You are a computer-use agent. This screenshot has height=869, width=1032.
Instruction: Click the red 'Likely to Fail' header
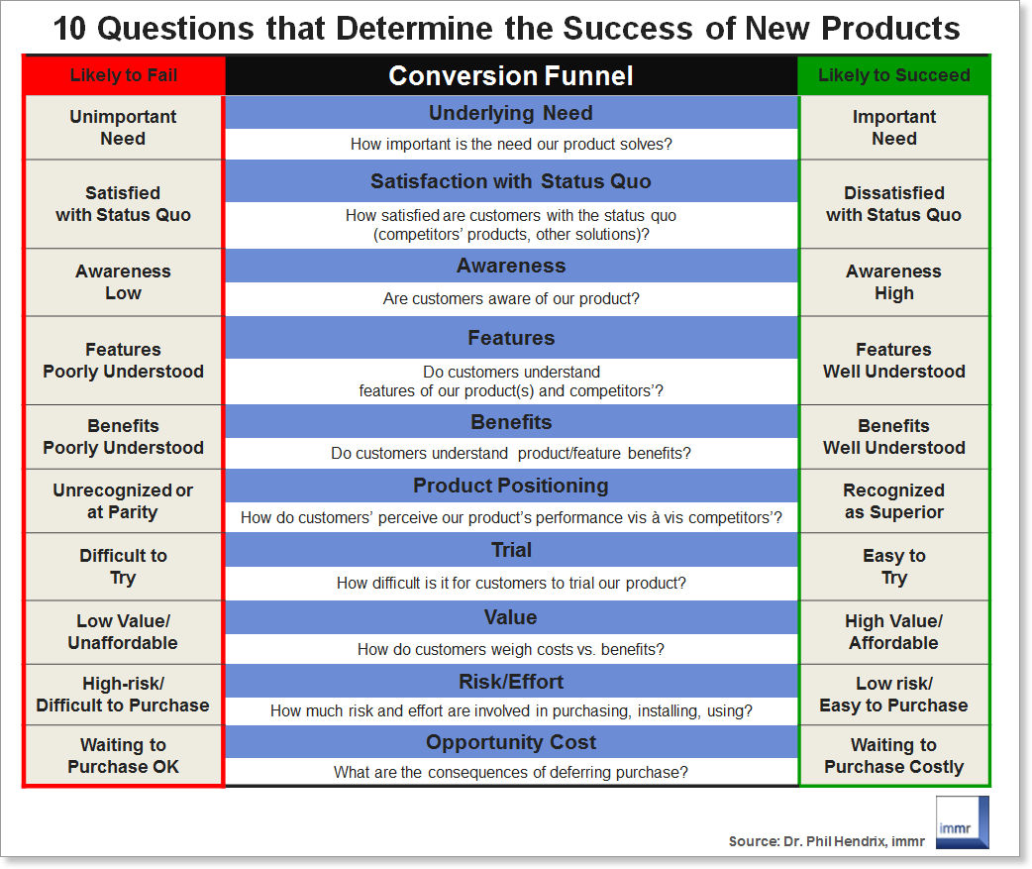tap(124, 75)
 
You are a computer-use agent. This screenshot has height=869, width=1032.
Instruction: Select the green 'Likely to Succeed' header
tap(893, 75)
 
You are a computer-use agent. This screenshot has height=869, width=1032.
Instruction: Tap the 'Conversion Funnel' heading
tap(511, 75)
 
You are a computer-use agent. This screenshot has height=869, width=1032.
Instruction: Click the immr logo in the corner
tap(963, 822)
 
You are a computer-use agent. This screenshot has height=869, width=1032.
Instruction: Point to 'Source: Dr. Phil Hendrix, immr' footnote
tap(827, 841)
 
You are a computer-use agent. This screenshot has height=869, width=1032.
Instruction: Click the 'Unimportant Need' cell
tap(123, 128)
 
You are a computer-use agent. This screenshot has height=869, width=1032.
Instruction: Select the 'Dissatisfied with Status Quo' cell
tap(893, 204)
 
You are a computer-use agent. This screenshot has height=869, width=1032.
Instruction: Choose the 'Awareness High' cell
tap(893, 282)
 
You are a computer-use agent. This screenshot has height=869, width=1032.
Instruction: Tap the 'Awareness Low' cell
tap(123, 282)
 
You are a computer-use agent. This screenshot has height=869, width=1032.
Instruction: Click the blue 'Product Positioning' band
tap(511, 486)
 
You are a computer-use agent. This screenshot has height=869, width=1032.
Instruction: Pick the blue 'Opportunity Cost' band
tap(511, 742)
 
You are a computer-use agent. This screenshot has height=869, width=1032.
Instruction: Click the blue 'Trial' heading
tap(511, 550)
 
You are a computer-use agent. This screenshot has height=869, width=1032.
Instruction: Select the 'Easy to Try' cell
tap(893, 567)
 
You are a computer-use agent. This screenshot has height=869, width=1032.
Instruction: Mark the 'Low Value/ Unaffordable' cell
tap(123, 632)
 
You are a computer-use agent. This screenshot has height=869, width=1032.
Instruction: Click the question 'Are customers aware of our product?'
tap(511, 299)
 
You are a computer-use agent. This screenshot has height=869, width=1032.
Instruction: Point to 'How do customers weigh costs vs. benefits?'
tap(511, 650)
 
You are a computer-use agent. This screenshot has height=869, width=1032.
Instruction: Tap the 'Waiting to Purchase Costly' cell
tap(893, 756)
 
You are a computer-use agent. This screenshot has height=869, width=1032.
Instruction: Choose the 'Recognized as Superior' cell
tap(893, 501)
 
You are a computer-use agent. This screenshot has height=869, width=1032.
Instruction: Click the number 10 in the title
tap(69, 29)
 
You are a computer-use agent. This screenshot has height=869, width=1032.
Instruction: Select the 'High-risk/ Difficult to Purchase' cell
tap(123, 695)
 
